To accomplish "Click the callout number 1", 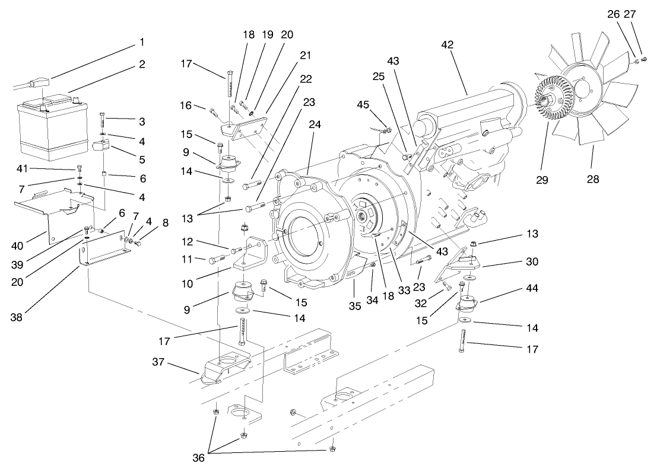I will (142, 42).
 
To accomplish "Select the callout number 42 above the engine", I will (446, 44).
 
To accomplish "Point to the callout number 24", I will (315, 125).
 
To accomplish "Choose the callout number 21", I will (306, 55).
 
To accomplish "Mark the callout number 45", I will (363, 105).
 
